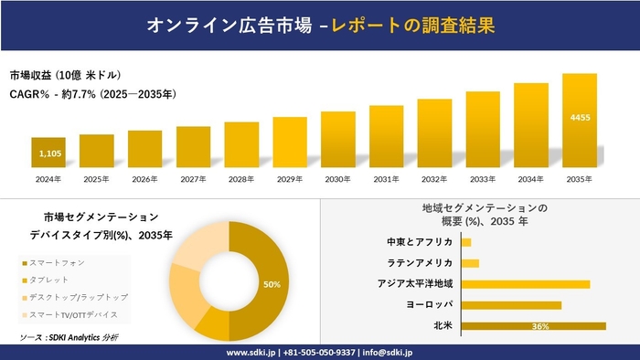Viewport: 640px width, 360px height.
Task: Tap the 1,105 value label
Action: (48, 154)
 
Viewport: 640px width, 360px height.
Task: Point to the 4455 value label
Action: (579, 118)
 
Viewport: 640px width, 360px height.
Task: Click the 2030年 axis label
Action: (338, 179)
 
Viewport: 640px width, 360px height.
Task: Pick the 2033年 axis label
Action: (483, 179)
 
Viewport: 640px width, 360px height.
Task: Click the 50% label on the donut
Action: (272, 284)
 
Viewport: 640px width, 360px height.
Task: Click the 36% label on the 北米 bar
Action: (539, 326)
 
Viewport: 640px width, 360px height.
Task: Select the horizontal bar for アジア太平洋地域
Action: (526, 284)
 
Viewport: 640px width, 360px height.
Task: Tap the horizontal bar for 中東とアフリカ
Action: (466, 242)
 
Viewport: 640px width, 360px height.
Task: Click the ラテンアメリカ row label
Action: (420, 263)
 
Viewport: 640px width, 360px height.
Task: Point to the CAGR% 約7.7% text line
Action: (92, 94)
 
